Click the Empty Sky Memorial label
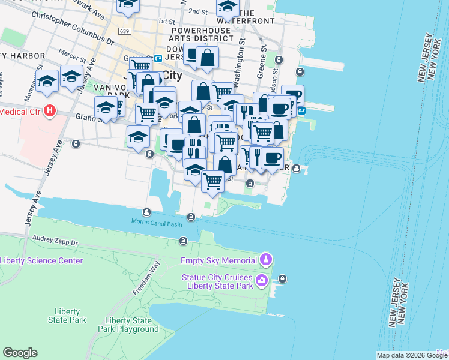218,260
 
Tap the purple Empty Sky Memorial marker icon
266,260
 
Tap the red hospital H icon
50,111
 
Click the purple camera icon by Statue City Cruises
262,280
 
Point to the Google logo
20,353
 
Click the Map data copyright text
411,355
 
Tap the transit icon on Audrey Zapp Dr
183,241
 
